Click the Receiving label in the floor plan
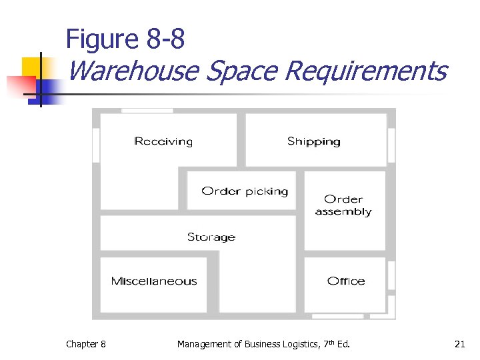point(163,141)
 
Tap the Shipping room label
point(313,141)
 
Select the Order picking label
point(245,191)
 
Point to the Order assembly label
point(343,205)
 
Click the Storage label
point(211,237)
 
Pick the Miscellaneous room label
point(154,281)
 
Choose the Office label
point(346,281)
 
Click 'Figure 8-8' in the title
point(125,40)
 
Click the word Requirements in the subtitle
point(365,70)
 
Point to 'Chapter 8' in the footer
point(85,344)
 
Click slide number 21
point(459,344)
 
